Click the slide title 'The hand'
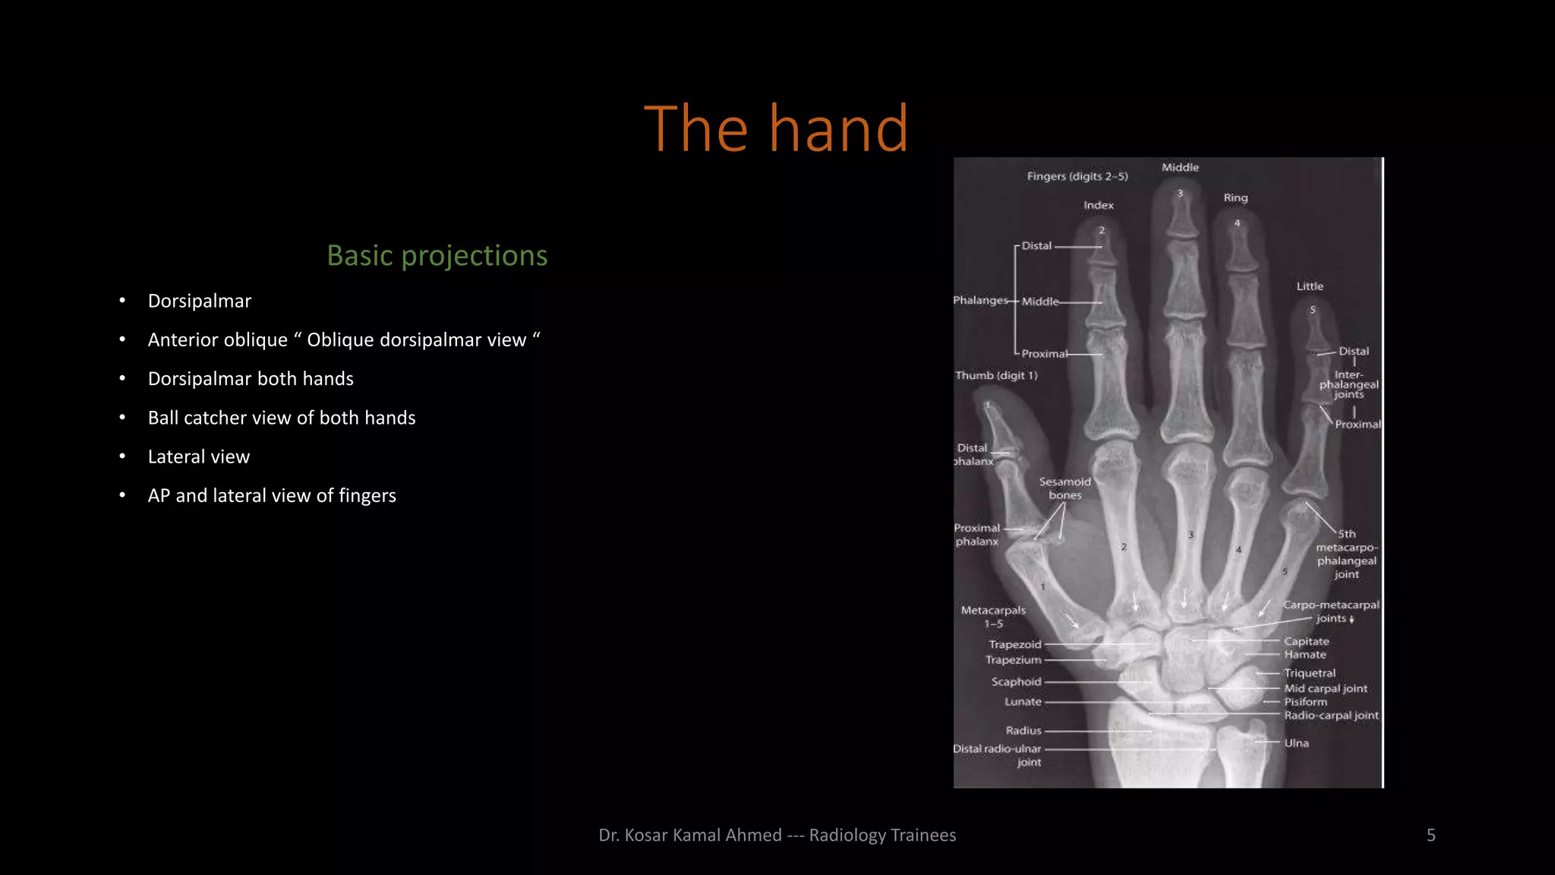tap(776, 129)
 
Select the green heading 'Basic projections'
tap(437, 256)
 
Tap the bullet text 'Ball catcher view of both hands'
tap(282, 418)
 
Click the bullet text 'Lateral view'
tap(199, 456)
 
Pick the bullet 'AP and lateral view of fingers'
tap(272, 496)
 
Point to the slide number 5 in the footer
tap(1430, 836)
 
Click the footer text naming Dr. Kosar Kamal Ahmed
tap(777, 836)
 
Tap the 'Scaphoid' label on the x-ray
tap(1016, 682)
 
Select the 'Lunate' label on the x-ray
tap(1023, 702)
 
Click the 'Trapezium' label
tap(1013, 660)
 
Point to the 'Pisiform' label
tap(1305, 702)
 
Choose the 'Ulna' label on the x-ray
tap(1296, 743)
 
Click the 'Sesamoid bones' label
tap(1065, 488)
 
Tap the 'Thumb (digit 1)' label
tap(995, 375)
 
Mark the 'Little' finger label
tap(1309, 286)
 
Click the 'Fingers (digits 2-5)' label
tap(1077, 176)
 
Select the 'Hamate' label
tap(1304, 655)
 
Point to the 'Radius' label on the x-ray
tap(1023, 731)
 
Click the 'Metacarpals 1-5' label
tap(993, 617)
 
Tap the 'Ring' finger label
tap(1235, 197)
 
